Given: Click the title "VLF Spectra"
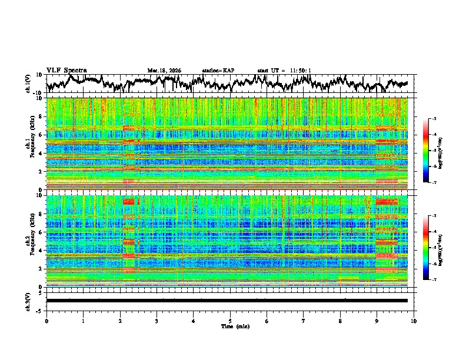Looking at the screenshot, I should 66,70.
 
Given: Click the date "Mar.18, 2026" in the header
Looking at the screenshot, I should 164,71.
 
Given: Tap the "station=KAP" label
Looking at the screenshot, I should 218,71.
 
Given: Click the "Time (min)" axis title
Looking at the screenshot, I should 230,326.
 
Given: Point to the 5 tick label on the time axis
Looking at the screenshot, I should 230,321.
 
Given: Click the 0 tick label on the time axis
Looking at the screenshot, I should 46,321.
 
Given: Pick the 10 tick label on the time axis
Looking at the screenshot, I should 414,321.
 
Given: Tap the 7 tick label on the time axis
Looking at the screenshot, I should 304,321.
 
